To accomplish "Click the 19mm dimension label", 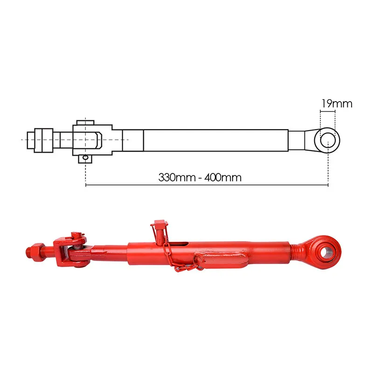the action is click(x=337, y=104).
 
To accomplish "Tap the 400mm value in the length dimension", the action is click(x=223, y=178).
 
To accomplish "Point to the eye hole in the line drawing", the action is click(x=328, y=140).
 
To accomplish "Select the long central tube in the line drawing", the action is click(x=216, y=140).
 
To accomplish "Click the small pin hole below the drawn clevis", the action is click(x=85, y=158).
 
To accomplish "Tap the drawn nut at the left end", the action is click(x=44, y=140).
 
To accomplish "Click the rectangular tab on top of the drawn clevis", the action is click(x=85, y=123).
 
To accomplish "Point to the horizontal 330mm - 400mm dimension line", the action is click(x=207, y=185).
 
